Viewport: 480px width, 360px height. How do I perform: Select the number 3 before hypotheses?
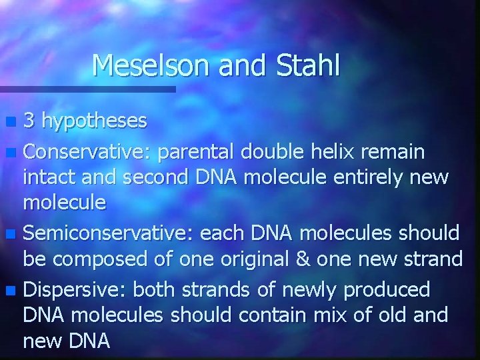tap(29, 121)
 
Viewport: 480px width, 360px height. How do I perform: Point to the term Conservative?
tap(88, 152)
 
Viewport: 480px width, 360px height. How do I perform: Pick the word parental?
tap(198, 152)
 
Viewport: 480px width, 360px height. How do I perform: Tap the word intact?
tap(45, 177)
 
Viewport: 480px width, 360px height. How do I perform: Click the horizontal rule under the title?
tap(87, 89)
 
